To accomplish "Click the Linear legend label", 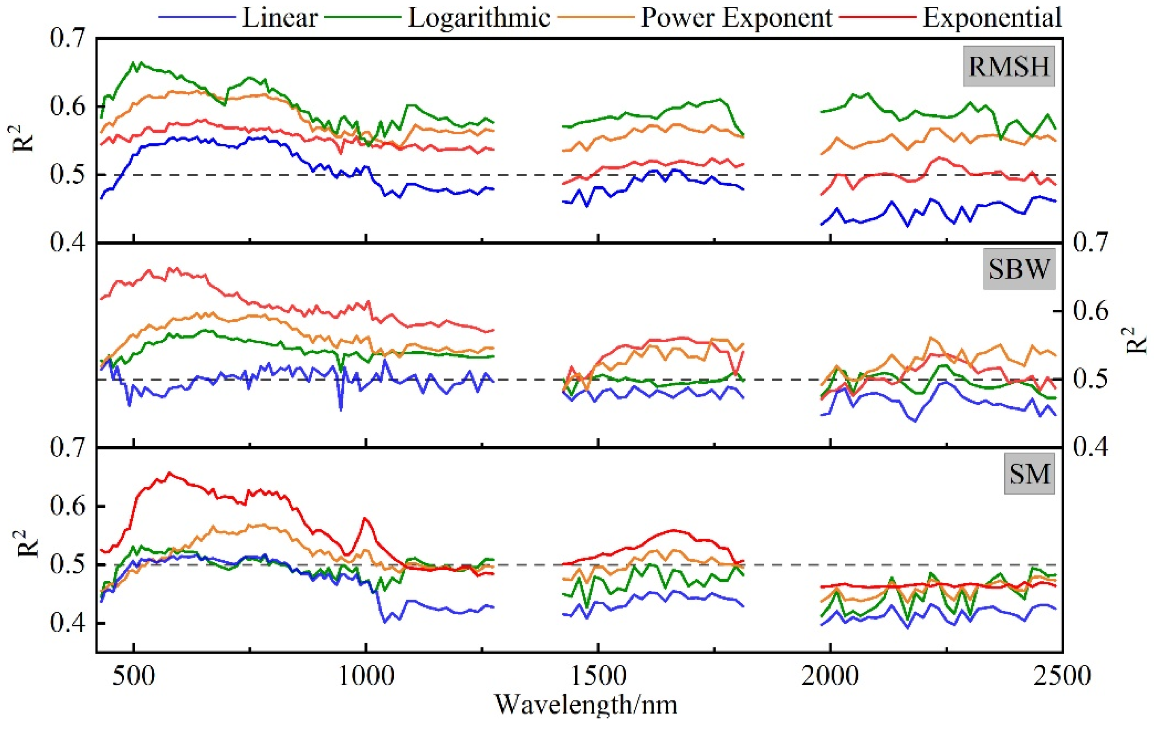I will pos(279,18).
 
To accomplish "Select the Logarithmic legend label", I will pos(478,18).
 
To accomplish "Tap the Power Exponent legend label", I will pos(736,18).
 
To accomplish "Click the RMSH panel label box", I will pos(1009,66).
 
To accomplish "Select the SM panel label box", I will pos(1029,474).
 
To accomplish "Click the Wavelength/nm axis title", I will pos(585,705).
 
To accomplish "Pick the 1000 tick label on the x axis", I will pos(366,676).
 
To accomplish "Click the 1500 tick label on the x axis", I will pos(598,676).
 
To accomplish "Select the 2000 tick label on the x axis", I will pos(830,676).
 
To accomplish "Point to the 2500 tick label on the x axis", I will pos(1062,676).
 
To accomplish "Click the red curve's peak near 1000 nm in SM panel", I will pos(365,518).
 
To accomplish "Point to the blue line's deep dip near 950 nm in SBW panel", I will pos(341,410).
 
